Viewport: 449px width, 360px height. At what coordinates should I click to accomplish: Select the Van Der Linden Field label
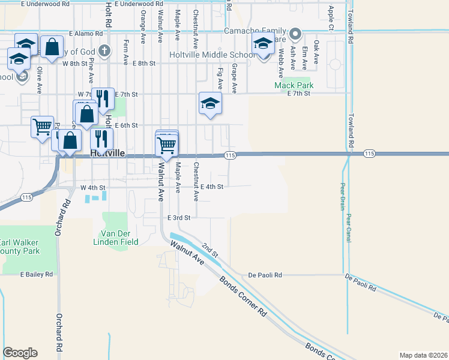(x=120, y=237)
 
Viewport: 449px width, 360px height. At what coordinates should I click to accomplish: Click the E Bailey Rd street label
(x=37, y=274)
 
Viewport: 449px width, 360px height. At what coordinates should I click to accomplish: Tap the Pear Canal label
(x=348, y=229)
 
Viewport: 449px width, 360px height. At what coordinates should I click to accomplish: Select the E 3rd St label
(x=179, y=217)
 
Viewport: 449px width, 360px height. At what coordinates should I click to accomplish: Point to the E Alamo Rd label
(x=87, y=34)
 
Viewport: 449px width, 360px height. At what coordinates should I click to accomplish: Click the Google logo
(x=20, y=352)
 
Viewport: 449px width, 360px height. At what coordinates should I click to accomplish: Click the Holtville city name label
(x=107, y=154)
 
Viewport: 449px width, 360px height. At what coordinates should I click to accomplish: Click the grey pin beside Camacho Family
(x=295, y=33)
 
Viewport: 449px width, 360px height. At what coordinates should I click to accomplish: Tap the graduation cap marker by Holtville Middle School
(x=263, y=45)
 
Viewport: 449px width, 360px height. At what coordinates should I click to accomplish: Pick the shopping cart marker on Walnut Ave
(x=166, y=144)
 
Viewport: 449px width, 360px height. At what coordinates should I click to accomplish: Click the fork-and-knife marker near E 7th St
(x=103, y=98)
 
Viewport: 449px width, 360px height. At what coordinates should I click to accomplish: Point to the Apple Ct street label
(x=331, y=18)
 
